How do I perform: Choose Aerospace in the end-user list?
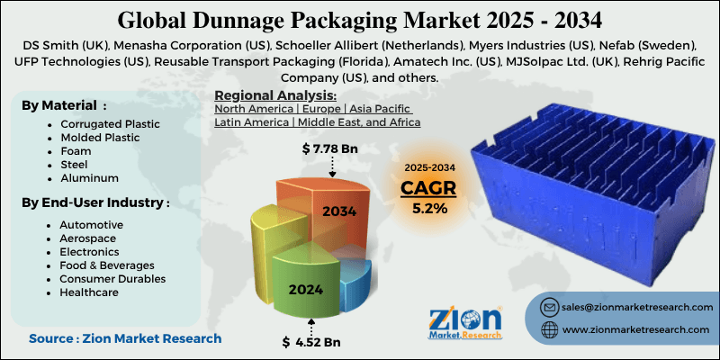tap(88, 238)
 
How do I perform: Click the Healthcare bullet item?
tap(90, 293)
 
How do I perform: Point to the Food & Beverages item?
tap(106, 265)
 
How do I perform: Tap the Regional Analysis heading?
tap(274, 95)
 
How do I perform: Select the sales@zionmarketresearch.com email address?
tap(634, 307)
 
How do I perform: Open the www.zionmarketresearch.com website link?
tap(635, 330)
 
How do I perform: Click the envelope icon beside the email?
tap(548, 307)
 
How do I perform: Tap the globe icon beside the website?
tap(548, 330)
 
